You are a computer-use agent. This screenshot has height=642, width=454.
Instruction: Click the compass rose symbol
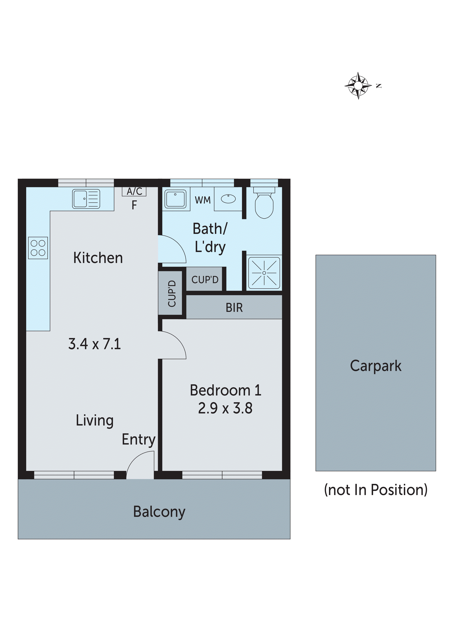pos(358,86)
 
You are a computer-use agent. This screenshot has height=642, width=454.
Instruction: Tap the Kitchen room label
pos(98,258)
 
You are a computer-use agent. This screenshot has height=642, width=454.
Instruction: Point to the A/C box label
pos(134,192)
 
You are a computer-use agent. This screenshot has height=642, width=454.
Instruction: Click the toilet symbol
pos(264,203)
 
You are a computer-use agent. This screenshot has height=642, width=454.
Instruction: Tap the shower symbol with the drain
pos(264,273)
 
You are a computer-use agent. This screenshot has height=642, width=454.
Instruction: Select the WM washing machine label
pos(202,200)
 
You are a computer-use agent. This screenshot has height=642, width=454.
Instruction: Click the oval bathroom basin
pos(228,199)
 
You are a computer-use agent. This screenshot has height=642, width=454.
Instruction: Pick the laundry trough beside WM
pos(175,199)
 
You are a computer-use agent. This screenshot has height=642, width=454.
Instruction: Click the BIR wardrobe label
pos(234,308)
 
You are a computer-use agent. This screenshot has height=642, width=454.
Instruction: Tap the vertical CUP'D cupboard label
pos(172,293)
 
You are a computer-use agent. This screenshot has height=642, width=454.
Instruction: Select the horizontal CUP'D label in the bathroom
pos(205,280)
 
